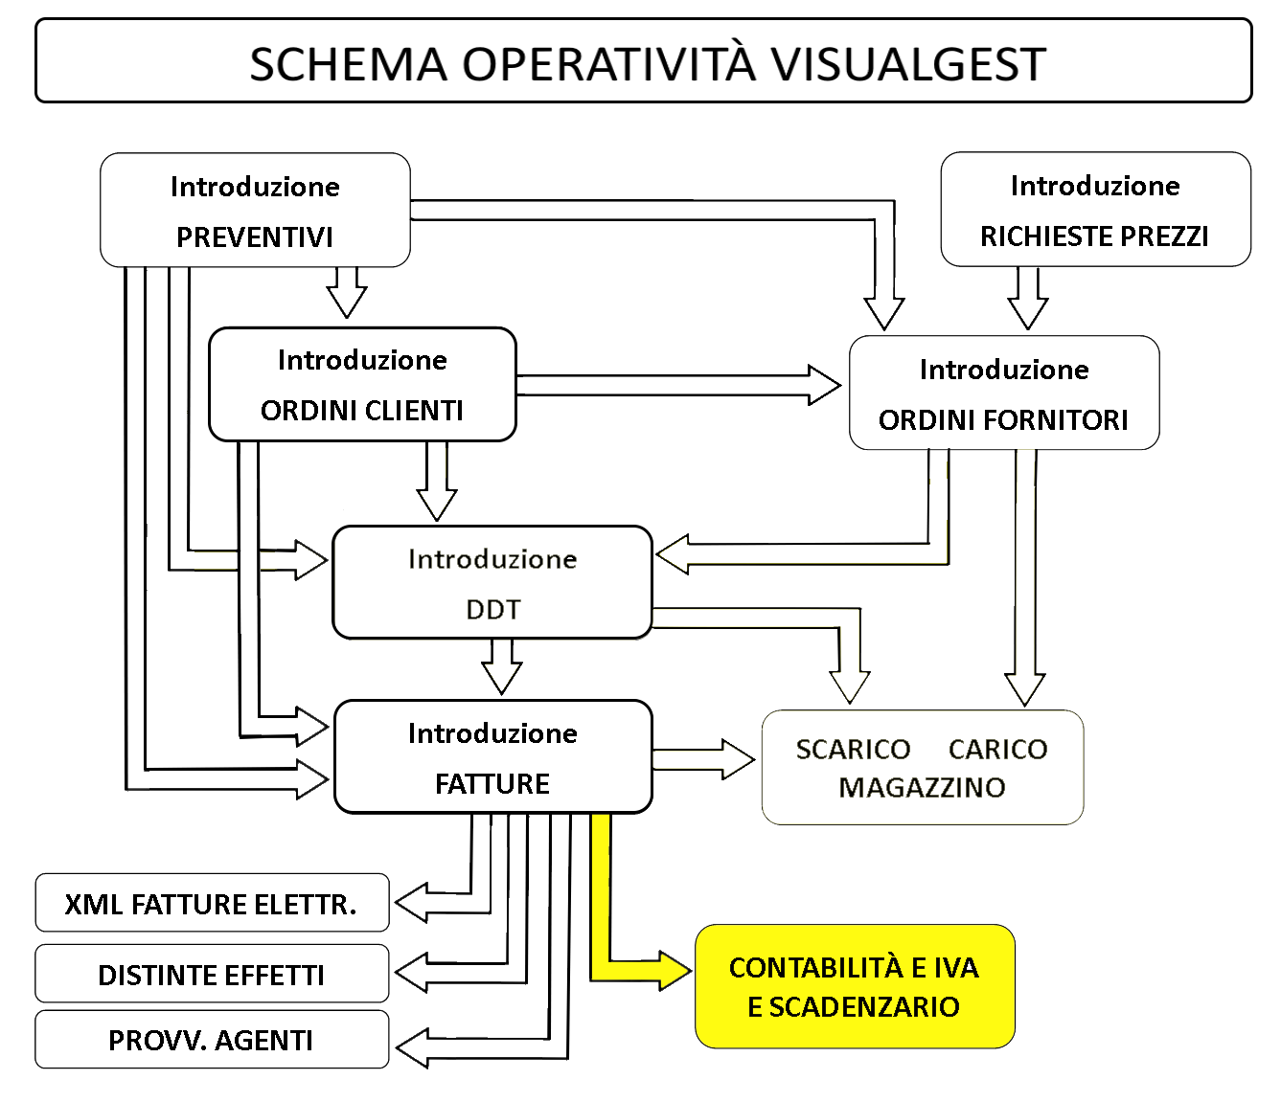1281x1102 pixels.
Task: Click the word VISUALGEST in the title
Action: [x=908, y=64]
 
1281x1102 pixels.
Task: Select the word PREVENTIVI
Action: [x=255, y=237]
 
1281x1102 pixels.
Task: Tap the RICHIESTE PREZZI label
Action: [x=1094, y=236]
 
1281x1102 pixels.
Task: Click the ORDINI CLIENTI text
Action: [x=362, y=411]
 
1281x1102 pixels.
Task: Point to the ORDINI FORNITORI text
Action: [x=1003, y=420]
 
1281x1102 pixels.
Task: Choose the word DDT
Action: [x=493, y=610]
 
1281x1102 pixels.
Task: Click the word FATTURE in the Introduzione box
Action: [x=492, y=784]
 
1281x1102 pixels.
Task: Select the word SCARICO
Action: [x=854, y=750]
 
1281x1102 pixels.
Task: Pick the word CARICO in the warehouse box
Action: [x=997, y=750]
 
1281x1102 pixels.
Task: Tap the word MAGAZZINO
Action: [x=922, y=788]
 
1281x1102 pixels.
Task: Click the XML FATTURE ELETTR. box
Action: [x=212, y=903]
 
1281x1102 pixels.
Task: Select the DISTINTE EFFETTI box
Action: [x=212, y=973]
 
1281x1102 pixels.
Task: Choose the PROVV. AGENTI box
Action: [x=212, y=1040]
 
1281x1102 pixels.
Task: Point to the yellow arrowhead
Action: [x=675, y=971]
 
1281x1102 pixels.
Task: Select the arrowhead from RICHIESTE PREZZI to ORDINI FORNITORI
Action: [x=1027, y=313]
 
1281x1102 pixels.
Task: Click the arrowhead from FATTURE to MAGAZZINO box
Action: [x=739, y=759]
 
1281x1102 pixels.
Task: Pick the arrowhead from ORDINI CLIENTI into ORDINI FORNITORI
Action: [x=825, y=385]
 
